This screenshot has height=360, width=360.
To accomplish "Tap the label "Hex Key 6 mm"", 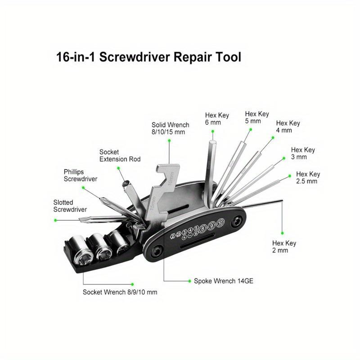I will coord(217,119).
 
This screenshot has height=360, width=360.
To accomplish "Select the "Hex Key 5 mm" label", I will coord(256,117).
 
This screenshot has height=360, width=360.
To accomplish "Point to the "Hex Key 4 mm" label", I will coord(288,126).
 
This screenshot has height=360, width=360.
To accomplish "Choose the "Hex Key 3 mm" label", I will coord(303,153).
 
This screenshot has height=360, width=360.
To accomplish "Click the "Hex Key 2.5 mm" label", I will coord(308,178).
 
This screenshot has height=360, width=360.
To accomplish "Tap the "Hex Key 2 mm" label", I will coord(284,247).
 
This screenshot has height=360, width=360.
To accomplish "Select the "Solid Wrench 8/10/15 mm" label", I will coord(170,128).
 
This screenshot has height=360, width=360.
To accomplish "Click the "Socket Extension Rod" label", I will coord(120,156).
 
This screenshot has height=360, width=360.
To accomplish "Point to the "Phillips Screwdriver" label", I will coord(80,175).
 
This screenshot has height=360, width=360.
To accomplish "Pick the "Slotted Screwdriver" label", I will coord(70,206).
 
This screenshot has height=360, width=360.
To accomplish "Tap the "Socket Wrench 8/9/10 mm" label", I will coord(120,292).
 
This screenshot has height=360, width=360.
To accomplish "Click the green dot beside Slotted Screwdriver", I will coord(55,220).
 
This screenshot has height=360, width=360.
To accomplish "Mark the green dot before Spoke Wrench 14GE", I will coord(189,280).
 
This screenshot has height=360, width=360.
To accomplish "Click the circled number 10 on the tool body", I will coord(220,223).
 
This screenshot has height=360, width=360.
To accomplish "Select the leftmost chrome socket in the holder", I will coord(84,256).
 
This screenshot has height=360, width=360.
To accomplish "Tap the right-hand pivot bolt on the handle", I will coord(236,221).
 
